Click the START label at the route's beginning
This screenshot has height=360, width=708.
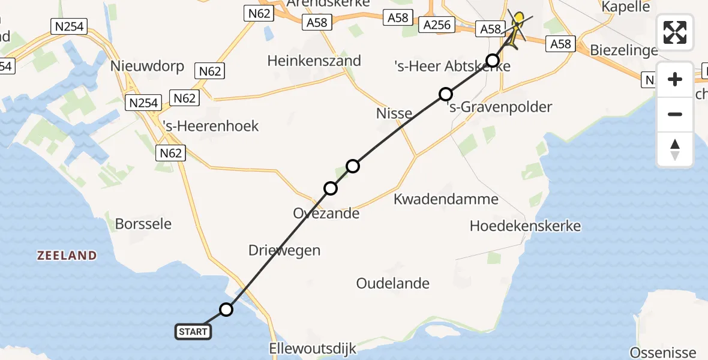[x=193, y=331]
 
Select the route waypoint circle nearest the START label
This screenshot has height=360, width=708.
[x=226, y=310]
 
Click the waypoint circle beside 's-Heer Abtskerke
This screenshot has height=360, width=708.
[x=493, y=60]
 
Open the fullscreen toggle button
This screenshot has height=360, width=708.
[x=675, y=32]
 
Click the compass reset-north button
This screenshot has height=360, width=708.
[x=675, y=150]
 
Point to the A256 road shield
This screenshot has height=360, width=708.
[x=436, y=25]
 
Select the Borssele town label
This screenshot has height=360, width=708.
[x=143, y=224]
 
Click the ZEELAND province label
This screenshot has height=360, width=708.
[x=67, y=256]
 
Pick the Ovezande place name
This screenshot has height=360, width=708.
[x=326, y=213]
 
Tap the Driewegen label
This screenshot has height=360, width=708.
[x=284, y=250]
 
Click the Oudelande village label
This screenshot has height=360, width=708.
[x=393, y=283]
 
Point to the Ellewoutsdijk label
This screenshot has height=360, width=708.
[x=313, y=349]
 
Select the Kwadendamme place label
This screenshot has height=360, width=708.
[x=446, y=199]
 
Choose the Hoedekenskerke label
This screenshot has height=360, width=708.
[x=526, y=226]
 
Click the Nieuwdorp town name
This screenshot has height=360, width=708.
[x=147, y=66]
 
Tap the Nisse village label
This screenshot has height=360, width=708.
[x=394, y=113]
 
